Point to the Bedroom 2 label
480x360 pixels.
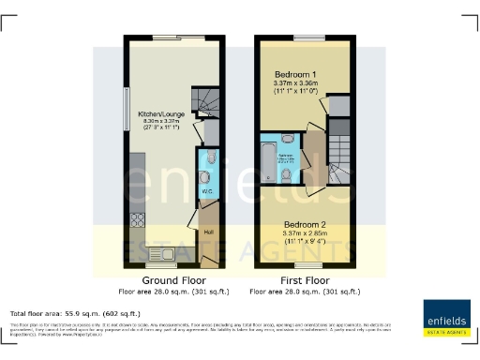tap(306, 222)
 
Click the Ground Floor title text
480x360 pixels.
tap(172, 280)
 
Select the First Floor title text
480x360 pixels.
tap(305, 280)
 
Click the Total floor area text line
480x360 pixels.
tap(75, 313)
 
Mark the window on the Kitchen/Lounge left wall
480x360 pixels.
tap(125, 108)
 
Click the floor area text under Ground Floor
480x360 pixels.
tap(172, 291)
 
